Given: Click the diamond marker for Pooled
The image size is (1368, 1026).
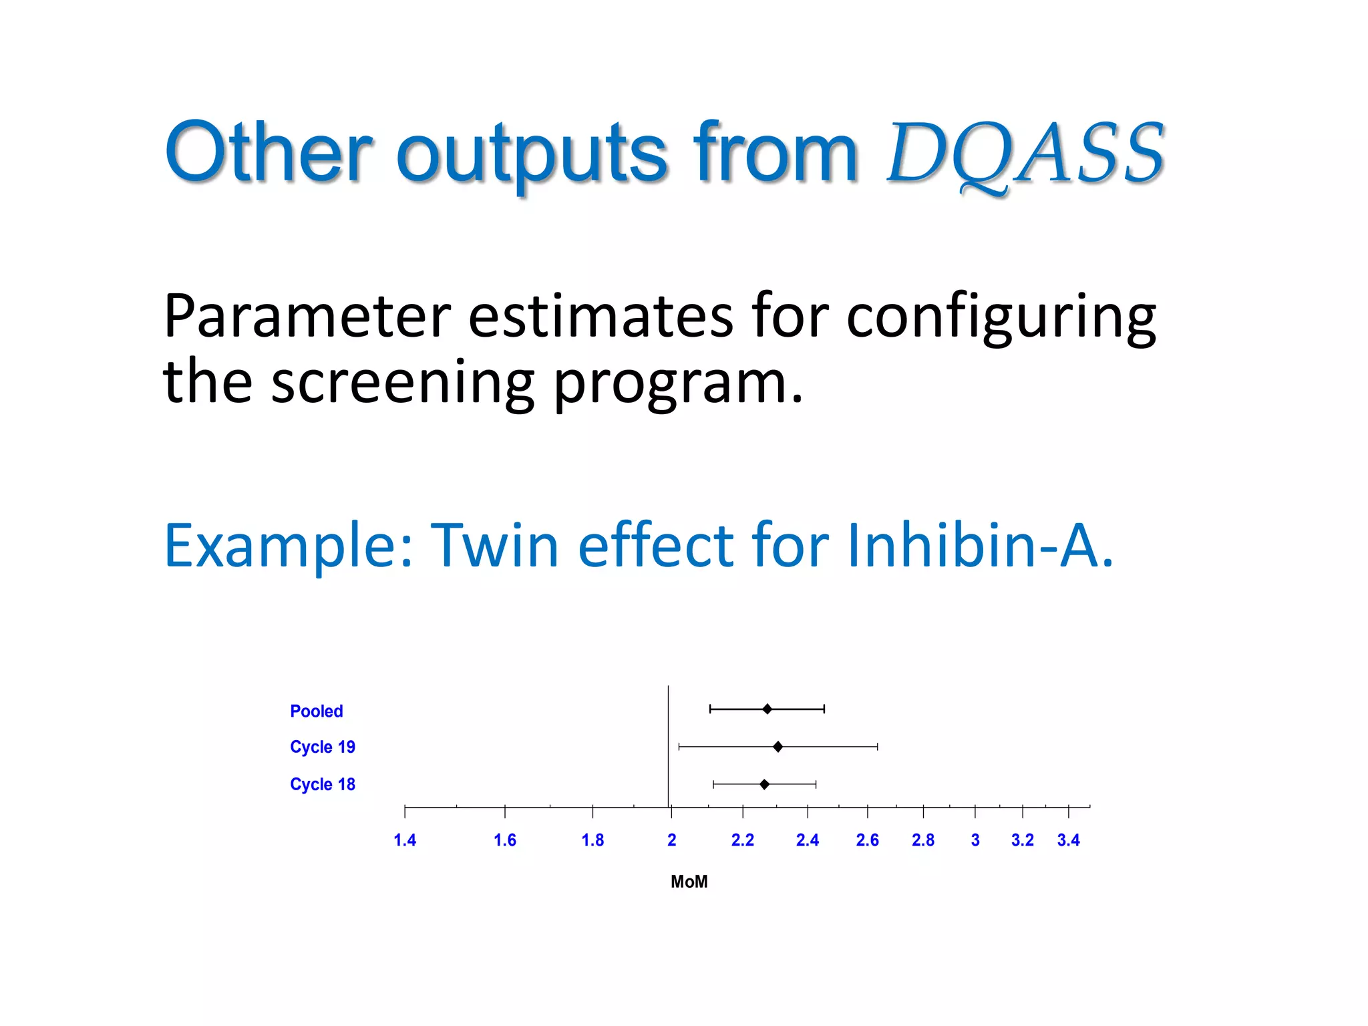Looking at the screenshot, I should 767,709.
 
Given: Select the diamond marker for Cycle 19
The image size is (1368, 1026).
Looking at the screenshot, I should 778,747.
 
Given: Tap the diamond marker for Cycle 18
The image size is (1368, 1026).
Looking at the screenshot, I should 764,784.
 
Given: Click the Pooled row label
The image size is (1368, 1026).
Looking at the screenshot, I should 316,711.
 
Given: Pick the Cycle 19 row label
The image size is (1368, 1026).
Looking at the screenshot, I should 322,747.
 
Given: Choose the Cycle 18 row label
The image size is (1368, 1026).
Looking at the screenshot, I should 322,784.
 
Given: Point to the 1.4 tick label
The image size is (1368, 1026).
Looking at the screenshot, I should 405,840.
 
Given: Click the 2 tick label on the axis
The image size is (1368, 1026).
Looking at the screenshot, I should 671,840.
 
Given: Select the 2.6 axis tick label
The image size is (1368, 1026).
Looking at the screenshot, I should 867,840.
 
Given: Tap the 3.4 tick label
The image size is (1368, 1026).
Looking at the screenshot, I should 1068,840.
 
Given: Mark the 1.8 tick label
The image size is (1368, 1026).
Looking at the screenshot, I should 592,840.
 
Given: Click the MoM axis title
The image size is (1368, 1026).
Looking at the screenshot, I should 689,882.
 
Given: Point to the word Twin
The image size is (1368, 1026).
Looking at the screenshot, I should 494,545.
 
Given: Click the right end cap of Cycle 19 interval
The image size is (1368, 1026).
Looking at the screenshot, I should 877,747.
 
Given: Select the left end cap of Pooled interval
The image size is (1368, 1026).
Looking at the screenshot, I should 710,709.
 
